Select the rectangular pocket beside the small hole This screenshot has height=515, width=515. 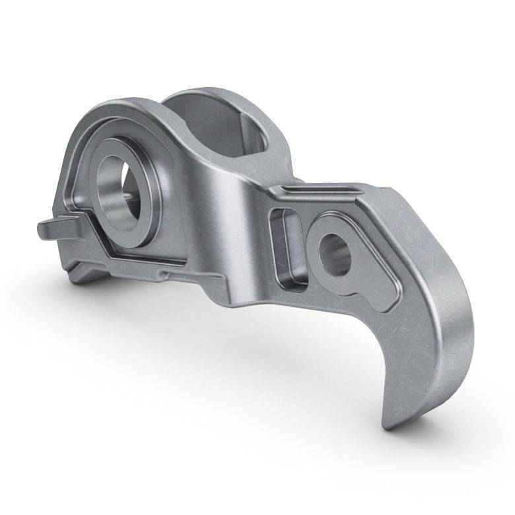[287, 248]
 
